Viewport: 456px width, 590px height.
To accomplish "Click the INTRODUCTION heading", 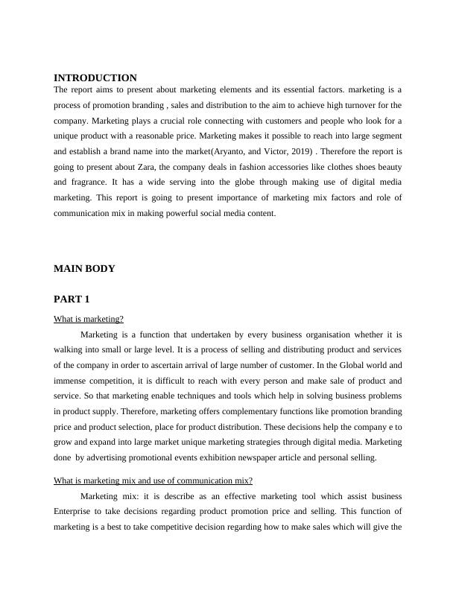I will tap(95, 78).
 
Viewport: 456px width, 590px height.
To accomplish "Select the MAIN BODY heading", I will tap(84, 269).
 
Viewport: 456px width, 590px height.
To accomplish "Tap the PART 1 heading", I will tap(72, 299).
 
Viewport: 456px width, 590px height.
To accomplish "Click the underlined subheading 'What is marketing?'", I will tap(89, 320).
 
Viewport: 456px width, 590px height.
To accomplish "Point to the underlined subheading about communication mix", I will tap(153, 480).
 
